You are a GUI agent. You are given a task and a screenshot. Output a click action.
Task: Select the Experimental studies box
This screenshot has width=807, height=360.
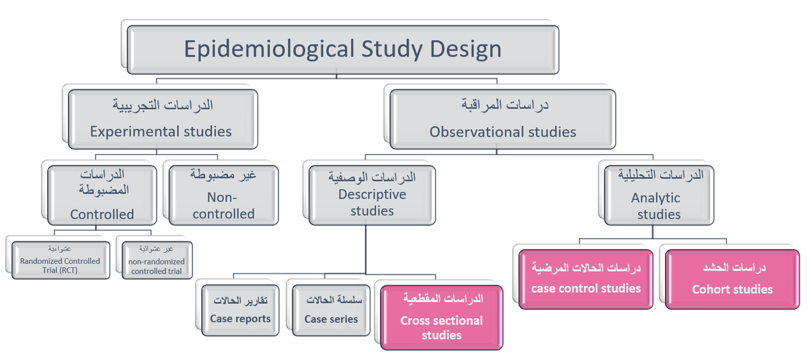161,118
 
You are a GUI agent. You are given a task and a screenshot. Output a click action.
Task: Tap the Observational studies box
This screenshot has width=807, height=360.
502,118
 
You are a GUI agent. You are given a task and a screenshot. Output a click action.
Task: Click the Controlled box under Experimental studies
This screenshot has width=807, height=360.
102,194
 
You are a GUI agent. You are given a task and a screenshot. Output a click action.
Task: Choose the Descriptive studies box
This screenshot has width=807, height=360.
372,194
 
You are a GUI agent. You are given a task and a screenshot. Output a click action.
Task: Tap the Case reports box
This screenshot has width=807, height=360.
240,310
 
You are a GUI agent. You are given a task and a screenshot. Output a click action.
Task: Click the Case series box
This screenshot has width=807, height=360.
330,310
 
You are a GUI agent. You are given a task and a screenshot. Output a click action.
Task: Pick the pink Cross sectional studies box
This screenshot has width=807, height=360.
441,317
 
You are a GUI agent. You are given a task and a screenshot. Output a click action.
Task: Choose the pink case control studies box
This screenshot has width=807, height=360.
586,279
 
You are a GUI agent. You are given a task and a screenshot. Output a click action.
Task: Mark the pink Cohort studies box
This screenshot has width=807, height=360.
732,279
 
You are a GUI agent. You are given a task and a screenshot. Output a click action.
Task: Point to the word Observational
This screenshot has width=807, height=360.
471,132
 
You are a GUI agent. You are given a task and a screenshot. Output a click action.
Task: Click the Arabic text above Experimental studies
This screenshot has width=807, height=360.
161,106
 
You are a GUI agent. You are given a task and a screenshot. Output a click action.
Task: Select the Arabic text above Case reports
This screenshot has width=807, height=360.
240,300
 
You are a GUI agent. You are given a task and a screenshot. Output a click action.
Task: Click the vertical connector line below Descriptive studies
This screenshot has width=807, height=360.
365,249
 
